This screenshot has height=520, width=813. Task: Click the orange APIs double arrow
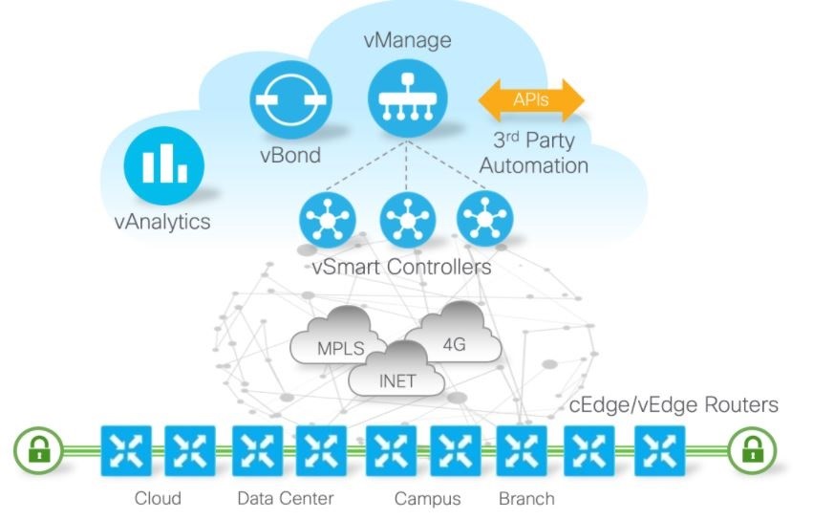[x=531, y=99]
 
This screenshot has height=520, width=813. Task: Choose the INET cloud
[x=396, y=378]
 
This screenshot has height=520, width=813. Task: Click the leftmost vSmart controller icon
[x=328, y=221]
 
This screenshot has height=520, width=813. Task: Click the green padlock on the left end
[x=39, y=449]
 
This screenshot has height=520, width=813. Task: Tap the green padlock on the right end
[x=751, y=449]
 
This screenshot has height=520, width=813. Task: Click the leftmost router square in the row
[x=126, y=449]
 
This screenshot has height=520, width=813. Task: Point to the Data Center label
[x=286, y=498]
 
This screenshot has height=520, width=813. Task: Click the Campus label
[x=427, y=498]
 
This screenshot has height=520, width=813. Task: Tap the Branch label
[x=526, y=498]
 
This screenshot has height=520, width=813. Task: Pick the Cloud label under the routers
[x=158, y=498]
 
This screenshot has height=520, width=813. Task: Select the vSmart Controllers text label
[x=401, y=266]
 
